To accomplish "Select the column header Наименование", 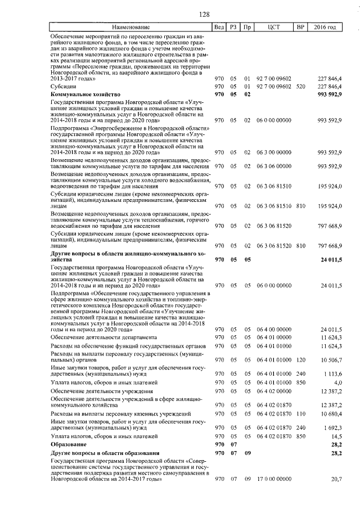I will [x=131, y=27].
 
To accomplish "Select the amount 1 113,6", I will [x=331, y=373].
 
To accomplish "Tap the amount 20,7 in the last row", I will [x=336, y=479].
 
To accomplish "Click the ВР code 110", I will [x=300, y=413].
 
